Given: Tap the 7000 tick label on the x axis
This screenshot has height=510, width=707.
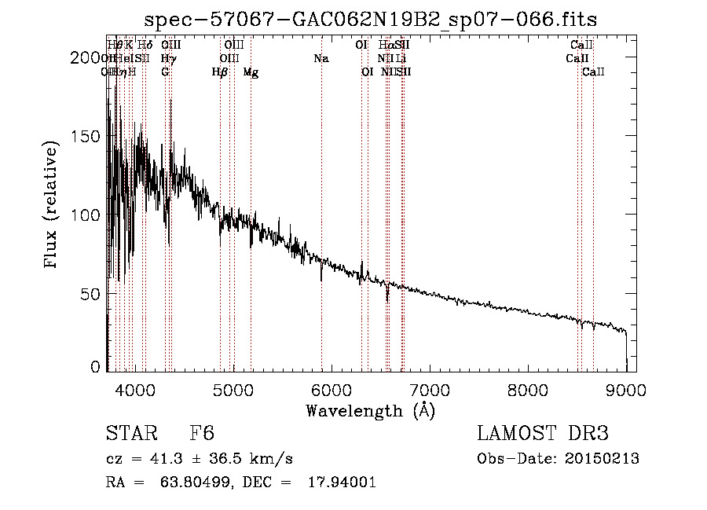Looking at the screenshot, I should pyautogui.click(x=429, y=387).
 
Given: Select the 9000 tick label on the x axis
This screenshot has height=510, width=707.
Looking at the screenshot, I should pyautogui.click(x=626, y=387).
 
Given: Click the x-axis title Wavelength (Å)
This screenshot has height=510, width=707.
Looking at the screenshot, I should pyautogui.click(x=370, y=409).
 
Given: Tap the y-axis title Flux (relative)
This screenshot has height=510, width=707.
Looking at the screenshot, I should pyautogui.click(x=53, y=207).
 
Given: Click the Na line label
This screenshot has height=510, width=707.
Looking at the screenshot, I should pyautogui.click(x=321, y=59).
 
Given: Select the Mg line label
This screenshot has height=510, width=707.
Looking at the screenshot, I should pyautogui.click(x=251, y=72).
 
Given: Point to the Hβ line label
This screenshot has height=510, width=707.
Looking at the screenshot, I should pyautogui.click(x=220, y=72).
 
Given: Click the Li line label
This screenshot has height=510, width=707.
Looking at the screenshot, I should pyautogui.click(x=401, y=59).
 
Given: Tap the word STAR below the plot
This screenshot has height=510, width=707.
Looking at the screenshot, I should pyautogui.click(x=130, y=434).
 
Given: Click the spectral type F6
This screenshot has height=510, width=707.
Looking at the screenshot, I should pyautogui.click(x=202, y=434).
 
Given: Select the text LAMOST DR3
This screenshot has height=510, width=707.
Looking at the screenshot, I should pyautogui.click(x=543, y=434).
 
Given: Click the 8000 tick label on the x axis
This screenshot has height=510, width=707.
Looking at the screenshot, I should pyautogui.click(x=527, y=387).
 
